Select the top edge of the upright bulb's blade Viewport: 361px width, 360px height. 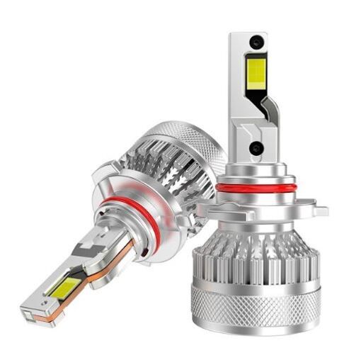coord(248,33)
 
